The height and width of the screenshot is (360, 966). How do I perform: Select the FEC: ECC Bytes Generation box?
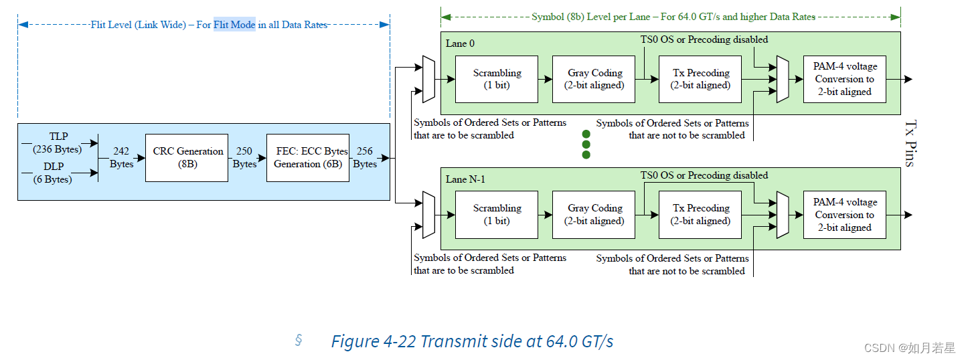click(307, 157)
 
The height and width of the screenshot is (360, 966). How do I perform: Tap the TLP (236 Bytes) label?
click(58, 143)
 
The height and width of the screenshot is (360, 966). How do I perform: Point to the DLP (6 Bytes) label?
click(53, 172)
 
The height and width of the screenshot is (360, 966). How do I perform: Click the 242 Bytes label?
click(121, 157)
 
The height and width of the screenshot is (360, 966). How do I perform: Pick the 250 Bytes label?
click(244, 157)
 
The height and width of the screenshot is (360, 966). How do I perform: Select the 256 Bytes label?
click(365, 157)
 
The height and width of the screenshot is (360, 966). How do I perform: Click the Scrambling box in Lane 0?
click(496, 79)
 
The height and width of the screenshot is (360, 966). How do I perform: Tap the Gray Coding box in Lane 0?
click(594, 79)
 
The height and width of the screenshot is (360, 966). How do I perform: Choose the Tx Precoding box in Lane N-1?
click(700, 214)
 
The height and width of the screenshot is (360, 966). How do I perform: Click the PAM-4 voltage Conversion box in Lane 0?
click(844, 79)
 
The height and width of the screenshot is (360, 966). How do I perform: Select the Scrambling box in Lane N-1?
click(496, 214)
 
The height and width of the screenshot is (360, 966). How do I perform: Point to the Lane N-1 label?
click(466, 179)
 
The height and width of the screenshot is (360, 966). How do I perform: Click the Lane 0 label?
click(460, 43)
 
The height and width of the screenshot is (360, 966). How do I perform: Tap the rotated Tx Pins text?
click(909, 143)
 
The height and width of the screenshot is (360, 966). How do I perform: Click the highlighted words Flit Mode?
click(234, 25)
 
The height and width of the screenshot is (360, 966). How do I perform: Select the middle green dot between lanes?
click(586, 145)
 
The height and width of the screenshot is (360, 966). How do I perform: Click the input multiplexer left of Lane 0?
click(428, 80)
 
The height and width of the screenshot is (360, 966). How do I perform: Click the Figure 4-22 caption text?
click(472, 341)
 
